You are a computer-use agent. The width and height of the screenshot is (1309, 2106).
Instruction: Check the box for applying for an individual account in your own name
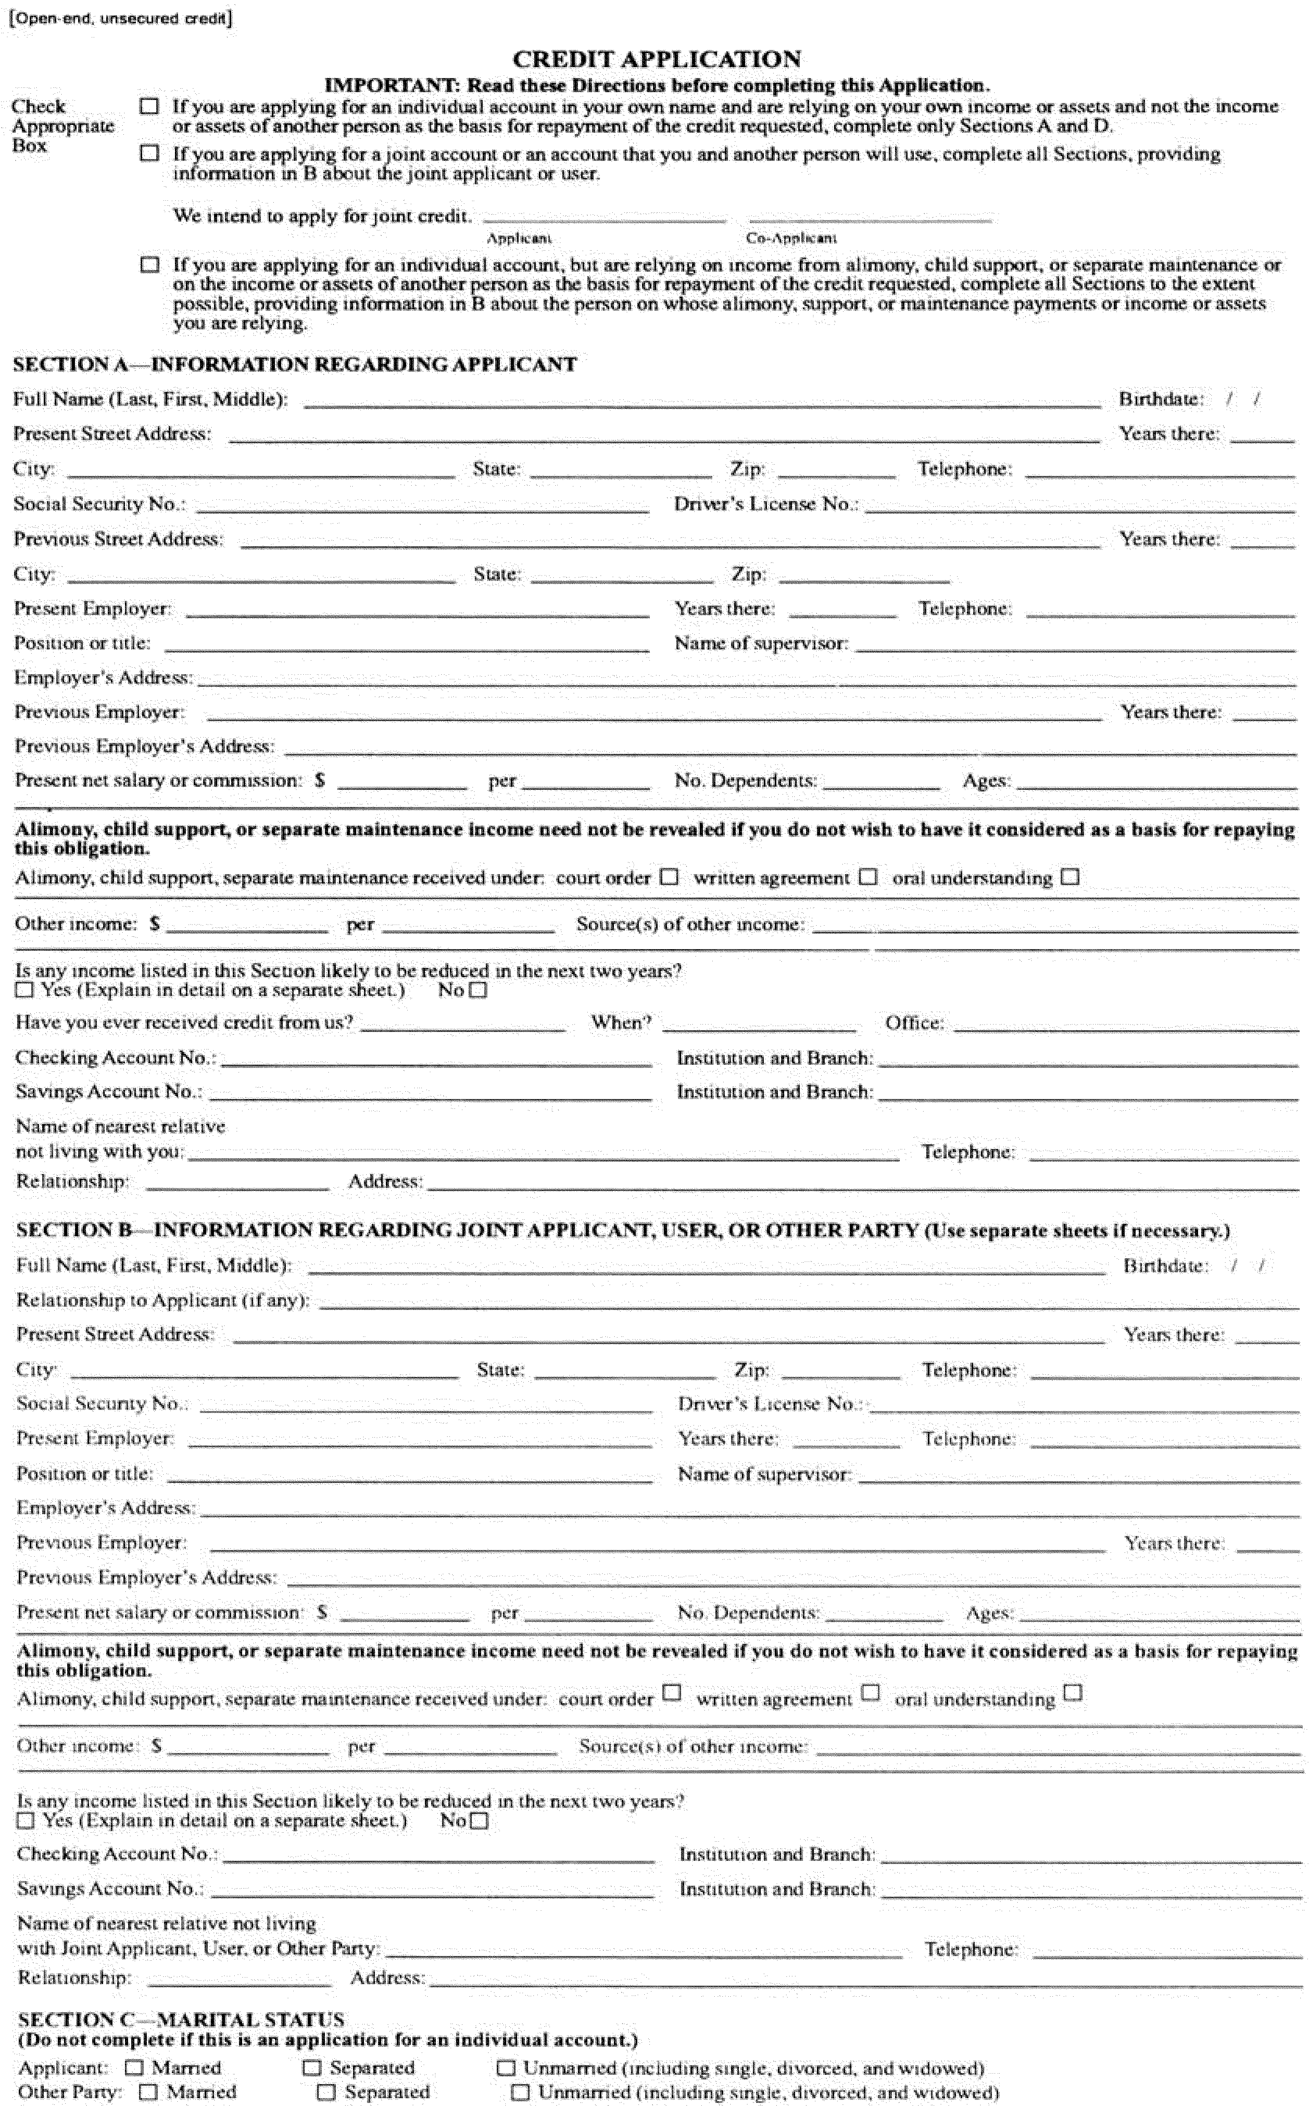(150, 107)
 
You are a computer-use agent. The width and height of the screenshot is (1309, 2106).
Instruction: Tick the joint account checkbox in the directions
(150, 153)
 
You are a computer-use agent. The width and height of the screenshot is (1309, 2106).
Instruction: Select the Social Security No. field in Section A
(423, 506)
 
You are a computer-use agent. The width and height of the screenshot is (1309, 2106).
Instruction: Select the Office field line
(1125, 1026)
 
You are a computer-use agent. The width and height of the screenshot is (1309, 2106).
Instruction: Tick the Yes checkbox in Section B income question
(26, 1820)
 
